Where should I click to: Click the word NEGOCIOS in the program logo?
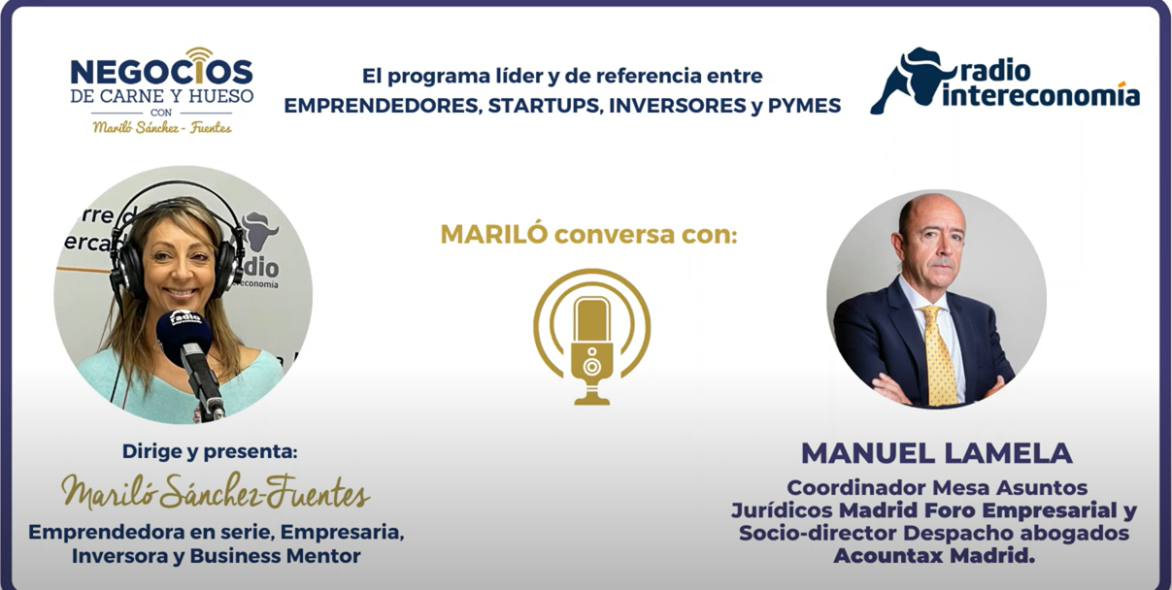162,71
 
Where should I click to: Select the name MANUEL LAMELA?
937,453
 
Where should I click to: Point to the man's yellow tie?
940,356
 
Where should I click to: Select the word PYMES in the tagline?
804,106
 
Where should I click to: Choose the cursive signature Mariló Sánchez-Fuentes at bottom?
216,491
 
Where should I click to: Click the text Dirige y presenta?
210,452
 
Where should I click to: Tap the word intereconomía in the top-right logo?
1041,96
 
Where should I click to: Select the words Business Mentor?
275,556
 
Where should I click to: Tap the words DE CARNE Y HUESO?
162,96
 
